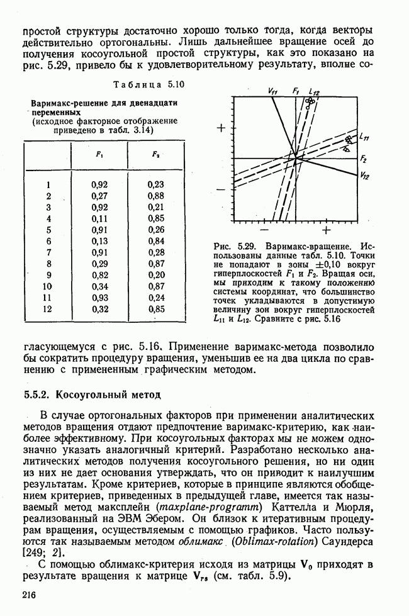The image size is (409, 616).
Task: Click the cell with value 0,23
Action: (x=156, y=184)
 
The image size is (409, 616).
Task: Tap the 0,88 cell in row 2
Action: (x=156, y=196)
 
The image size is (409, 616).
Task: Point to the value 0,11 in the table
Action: (x=100, y=218)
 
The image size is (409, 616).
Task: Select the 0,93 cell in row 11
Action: (x=100, y=298)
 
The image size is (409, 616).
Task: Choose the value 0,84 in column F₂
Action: (x=156, y=241)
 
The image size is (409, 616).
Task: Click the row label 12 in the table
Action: (x=47, y=309)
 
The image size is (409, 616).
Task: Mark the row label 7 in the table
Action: (x=48, y=252)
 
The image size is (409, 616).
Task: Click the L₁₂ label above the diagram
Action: (x=314, y=92)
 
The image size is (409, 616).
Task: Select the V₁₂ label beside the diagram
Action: (x=365, y=177)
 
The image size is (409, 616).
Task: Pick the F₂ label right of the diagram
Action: (x=364, y=160)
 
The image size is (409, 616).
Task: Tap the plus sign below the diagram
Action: (x=327, y=229)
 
